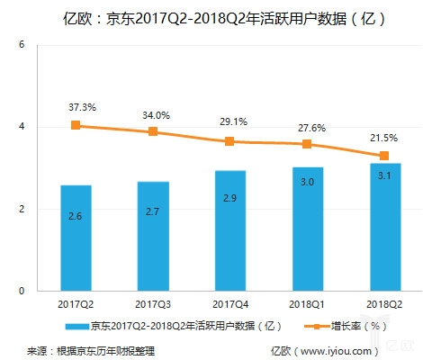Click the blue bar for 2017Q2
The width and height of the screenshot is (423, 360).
pos(76,238)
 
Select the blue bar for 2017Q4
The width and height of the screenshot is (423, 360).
pos(230,230)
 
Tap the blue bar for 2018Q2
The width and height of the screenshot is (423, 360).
pos(384,227)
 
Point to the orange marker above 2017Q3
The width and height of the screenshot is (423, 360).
pos(153,131)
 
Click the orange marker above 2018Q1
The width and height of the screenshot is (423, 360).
pos(308,144)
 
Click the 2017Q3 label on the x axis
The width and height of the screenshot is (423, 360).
pos(153,305)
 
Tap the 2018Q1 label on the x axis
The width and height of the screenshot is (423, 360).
pos(308,305)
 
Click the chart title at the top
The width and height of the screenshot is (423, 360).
pos(211,15)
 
